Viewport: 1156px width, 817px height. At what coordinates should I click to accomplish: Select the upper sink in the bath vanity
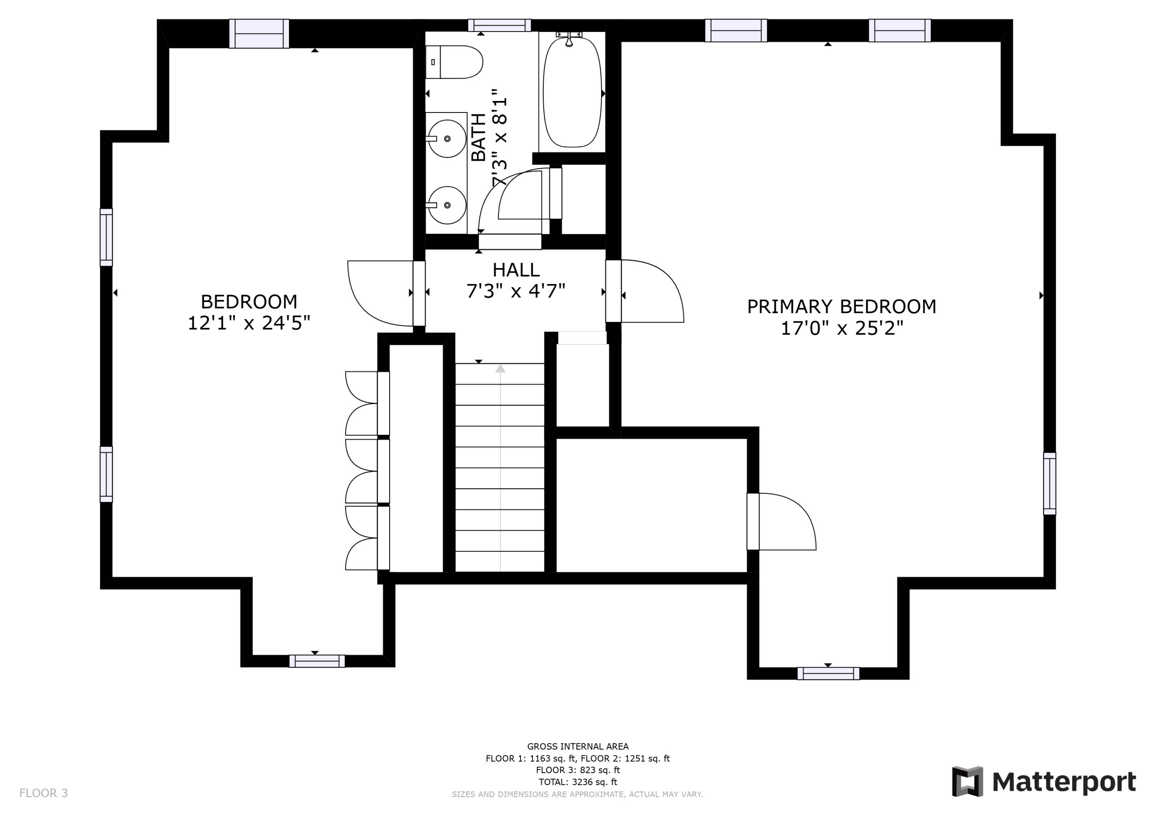pos(447,138)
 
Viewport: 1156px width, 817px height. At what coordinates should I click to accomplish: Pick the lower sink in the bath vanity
pos(447,205)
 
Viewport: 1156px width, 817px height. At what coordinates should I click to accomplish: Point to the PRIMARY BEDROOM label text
pos(841,307)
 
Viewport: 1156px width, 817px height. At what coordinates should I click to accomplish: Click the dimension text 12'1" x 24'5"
pos(249,323)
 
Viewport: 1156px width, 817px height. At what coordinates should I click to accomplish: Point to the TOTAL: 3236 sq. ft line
pos(578,782)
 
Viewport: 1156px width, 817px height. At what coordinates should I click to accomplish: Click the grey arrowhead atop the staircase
pos(500,369)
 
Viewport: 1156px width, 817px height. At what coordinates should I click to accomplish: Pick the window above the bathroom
pos(499,25)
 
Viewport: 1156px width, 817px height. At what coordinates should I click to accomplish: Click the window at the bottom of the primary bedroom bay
pos(828,674)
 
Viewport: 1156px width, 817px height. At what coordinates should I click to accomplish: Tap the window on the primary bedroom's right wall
pos(1049,484)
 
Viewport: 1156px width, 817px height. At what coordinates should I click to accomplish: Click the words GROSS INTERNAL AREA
pos(578,747)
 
